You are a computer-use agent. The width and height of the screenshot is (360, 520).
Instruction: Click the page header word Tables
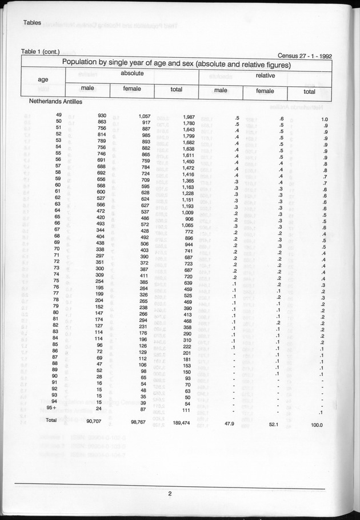point(34,22)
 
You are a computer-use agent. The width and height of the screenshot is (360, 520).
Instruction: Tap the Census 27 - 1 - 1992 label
point(305,56)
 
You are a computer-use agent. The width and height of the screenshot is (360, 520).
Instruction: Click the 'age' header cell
point(43,79)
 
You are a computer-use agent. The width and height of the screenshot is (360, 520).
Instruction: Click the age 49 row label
point(58,117)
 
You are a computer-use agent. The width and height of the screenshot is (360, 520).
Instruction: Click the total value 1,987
point(187,117)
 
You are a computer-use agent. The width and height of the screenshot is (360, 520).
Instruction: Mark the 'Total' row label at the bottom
point(51,419)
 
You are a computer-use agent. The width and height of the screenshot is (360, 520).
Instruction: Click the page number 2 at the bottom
point(170,494)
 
